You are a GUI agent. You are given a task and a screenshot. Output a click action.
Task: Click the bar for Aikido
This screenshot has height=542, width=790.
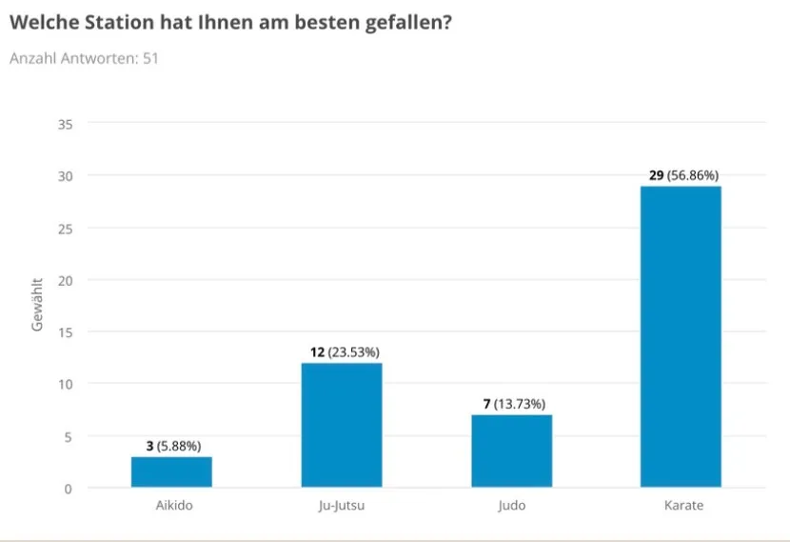[171, 472]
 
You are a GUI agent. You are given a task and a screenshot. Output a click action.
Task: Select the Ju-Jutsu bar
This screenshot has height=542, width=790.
[342, 425]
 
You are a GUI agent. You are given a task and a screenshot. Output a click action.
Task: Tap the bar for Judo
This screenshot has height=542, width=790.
[511, 451]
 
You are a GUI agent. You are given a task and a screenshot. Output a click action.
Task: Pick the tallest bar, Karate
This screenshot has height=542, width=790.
[681, 336]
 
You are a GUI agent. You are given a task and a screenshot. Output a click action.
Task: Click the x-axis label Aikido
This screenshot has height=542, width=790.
[172, 506]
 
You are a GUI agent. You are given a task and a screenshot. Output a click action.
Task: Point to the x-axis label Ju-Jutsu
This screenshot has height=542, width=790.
[342, 506]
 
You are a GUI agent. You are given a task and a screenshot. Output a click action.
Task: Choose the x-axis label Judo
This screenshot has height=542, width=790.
[511, 506]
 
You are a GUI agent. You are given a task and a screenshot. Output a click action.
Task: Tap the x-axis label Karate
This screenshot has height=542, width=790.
[681, 506]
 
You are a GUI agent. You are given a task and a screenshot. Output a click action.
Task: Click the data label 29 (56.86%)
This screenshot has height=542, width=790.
[681, 176]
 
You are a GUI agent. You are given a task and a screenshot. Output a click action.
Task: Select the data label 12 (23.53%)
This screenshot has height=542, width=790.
[342, 352]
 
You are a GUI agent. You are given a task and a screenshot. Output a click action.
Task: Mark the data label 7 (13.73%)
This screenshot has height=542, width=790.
[512, 405]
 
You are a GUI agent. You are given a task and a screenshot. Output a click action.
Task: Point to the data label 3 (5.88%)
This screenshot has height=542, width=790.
[171, 446]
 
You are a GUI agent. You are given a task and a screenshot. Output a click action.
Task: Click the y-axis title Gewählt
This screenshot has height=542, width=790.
[38, 306]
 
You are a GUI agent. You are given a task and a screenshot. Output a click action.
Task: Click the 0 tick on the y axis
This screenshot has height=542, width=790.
[69, 489]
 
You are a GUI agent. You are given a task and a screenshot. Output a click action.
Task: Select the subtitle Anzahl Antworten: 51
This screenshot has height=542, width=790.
[84, 59]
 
